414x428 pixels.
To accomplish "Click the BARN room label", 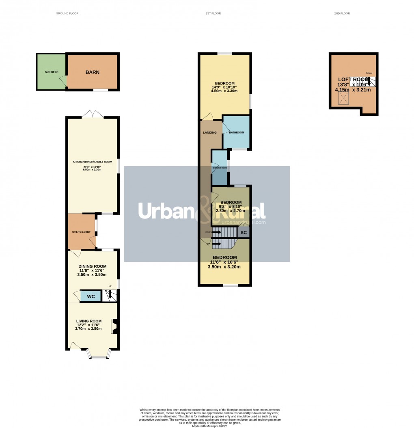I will (x=92, y=72).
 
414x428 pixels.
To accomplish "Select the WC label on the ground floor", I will (x=91, y=296).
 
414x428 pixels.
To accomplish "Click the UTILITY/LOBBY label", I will (x=81, y=232).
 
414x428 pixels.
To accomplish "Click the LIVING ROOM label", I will (x=88, y=321).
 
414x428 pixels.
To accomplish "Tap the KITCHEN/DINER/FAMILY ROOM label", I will (x=93, y=162).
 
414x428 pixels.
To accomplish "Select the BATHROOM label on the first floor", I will (x=237, y=132).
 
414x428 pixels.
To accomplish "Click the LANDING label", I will (x=210, y=132).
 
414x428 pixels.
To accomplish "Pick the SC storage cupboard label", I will (x=244, y=233).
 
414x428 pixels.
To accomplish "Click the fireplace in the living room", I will (x=115, y=326).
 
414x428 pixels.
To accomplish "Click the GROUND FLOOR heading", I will (x=67, y=13).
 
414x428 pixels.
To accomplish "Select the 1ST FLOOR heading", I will (x=213, y=13).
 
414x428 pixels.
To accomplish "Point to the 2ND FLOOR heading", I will (x=342, y=13).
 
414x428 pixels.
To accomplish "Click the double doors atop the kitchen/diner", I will (x=93, y=115).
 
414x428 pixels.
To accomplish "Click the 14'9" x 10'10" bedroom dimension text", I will (x=224, y=86).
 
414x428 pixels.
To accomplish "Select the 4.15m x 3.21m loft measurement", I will (x=353, y=90).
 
